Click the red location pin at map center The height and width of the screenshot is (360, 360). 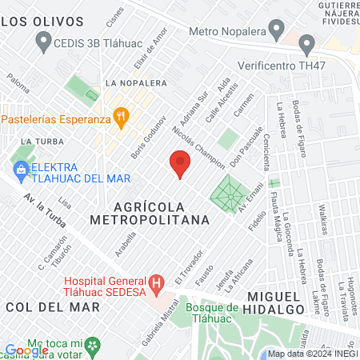click(180, 164)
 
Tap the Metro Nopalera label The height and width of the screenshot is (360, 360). click(226, 31)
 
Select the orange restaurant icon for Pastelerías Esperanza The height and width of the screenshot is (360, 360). click(121, 118)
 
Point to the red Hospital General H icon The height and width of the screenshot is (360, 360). click(157, 283)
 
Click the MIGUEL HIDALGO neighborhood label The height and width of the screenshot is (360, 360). click(315, 302)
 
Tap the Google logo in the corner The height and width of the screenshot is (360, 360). click(26, 350)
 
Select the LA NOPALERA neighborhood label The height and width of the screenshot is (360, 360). click(135, 82)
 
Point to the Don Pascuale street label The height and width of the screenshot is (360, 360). click(246, 146)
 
